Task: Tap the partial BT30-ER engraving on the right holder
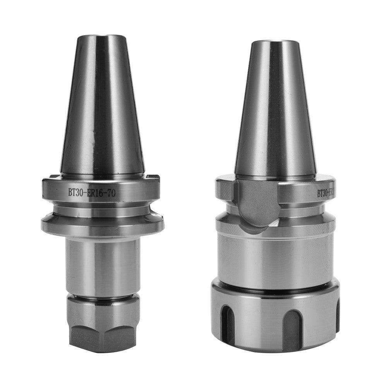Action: pyautogui.click(x=326, y=192)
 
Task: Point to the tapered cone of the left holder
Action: pyautogui.click(x=103, y=108)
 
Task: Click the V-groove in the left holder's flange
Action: pyautogui.click(x=103, y=211)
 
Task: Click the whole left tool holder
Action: pyautogui.click(x=103, y=193)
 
